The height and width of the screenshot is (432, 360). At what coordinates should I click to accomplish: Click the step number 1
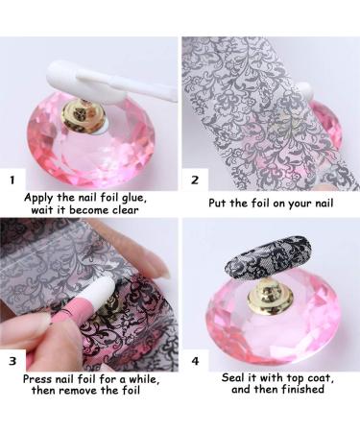[x=12, y=179]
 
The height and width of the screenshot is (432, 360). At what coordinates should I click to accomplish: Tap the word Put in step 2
[x=218, y=204]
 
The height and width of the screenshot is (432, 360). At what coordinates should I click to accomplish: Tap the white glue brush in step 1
[x=144, y=85]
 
